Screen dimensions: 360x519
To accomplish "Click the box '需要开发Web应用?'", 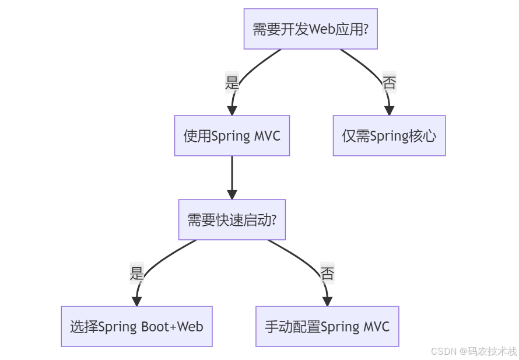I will click(x=310, y=29).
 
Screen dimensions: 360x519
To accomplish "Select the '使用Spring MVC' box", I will click(x=232, y=136).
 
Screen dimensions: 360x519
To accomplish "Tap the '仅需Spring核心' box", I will click(x=389, y=136).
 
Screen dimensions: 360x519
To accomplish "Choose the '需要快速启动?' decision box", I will click(x=232, y=220).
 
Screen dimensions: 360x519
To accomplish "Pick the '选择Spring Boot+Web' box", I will click(x=136, y=326).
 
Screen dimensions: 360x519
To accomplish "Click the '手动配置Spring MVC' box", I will click(x=327, y=326).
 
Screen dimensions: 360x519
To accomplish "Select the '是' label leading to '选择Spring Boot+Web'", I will click(x=136, y=272).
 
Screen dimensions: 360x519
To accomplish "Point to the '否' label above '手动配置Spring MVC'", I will click(x=327, y=273).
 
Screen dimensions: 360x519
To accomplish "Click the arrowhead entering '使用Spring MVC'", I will click(x=232, y=111).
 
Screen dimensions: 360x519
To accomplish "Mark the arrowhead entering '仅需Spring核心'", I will click(x=389, y=111).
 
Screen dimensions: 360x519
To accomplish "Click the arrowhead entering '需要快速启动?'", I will click(x=232, y=194).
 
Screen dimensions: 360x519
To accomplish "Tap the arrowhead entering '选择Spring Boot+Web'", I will click(x=136, y=301).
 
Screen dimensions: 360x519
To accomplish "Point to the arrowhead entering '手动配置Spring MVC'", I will click(x=327, y=301).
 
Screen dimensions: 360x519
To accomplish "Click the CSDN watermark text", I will click(x=474, y=351).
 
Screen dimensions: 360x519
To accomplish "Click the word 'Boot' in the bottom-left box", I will click(x=154, y=326).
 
